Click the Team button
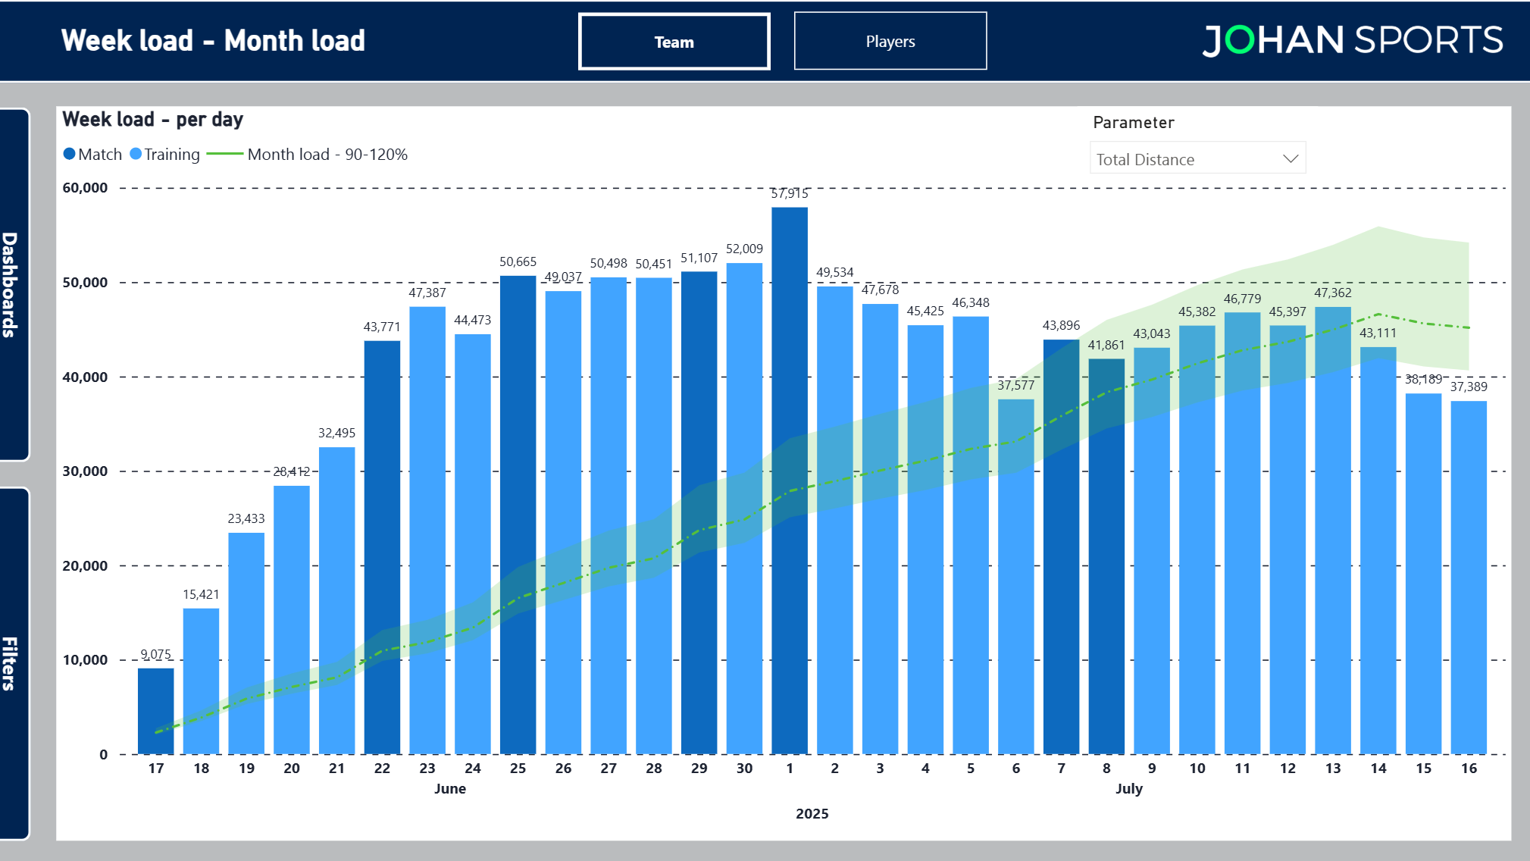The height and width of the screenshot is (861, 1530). click(x=674, y=42)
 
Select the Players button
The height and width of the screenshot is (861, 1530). click(x=890, y=42)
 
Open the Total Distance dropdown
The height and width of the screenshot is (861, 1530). click(x=1197, y=158)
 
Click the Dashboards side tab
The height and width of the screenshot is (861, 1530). click(x=12, y=284)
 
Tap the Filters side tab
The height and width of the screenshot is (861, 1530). click(x=12, y=662)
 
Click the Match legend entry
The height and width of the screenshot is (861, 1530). click(x=92, y=155)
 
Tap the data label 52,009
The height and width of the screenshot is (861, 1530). click(x=743, y=249)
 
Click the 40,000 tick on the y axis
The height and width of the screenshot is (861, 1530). click(x=85, y=377)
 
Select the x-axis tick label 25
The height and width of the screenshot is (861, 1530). click(x=518, y=768)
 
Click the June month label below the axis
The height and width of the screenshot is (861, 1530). click(x=449, y=788)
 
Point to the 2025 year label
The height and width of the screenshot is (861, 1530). click(x=812, y=813)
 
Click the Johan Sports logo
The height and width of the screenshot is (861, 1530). click(x=1352, y=40)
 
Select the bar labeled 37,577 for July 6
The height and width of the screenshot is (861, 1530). click(x=1015, y=576)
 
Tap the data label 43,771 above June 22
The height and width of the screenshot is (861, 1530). click(x=381, y=327)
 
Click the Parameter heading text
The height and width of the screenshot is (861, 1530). click(x=1133, y=122)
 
